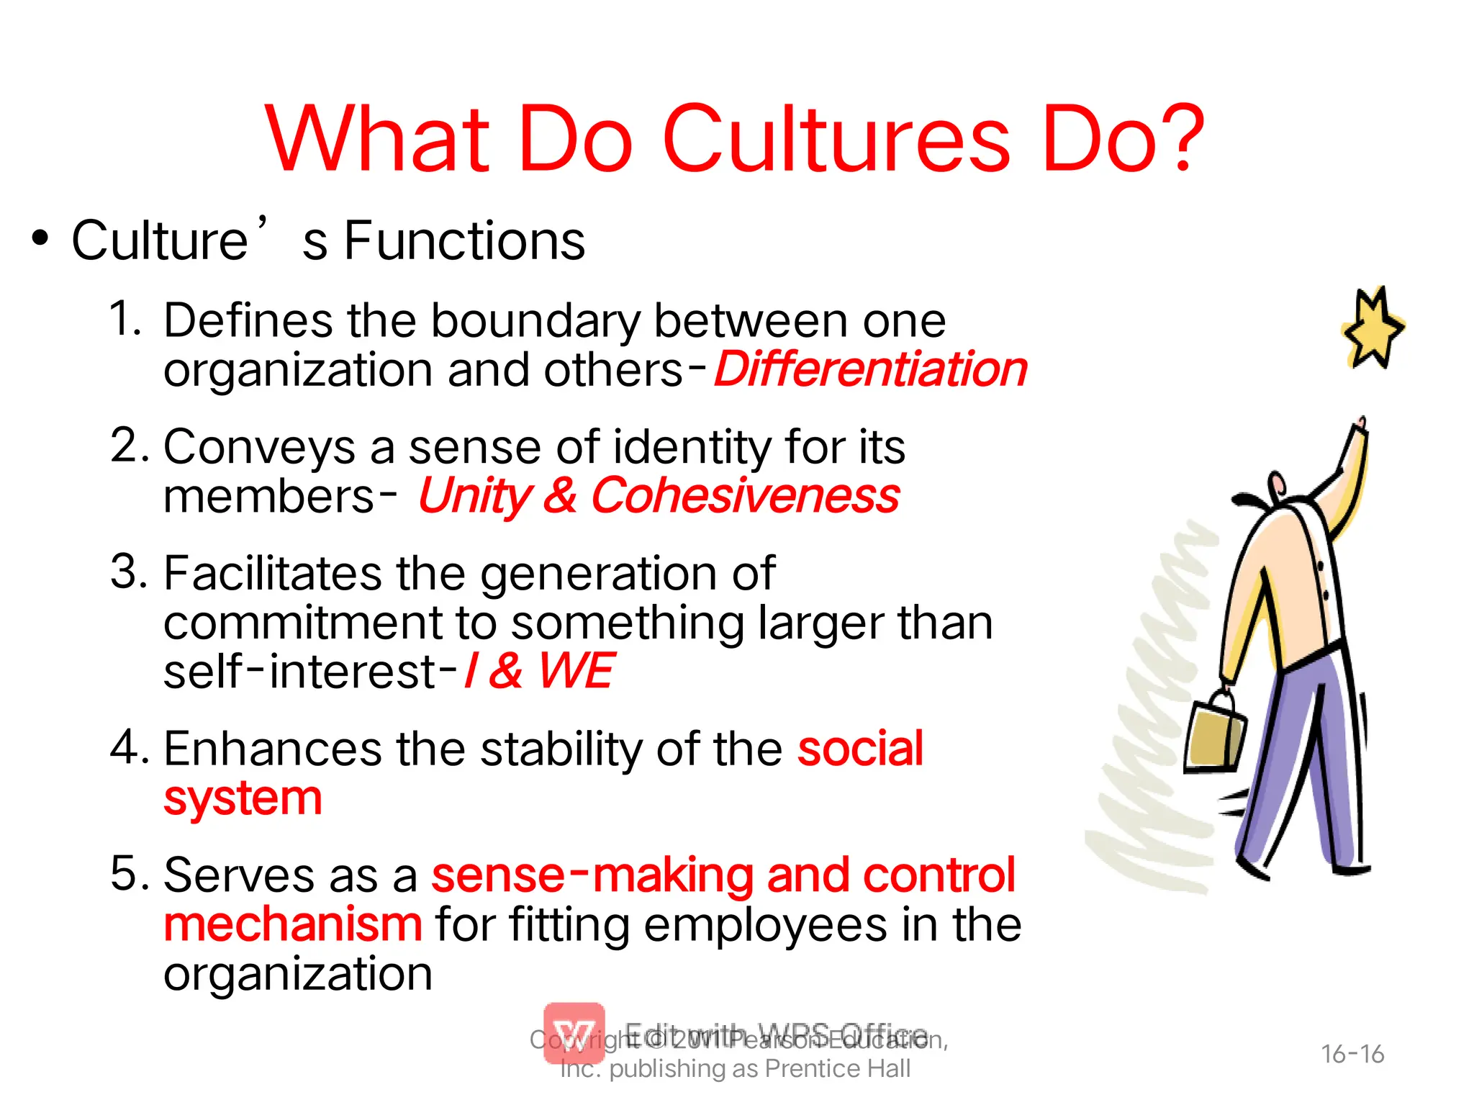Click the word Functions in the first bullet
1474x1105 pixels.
(464, 240)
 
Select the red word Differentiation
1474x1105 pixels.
(871, 370)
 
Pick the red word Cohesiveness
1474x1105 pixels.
(745, 497)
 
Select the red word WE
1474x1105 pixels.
(576, 672)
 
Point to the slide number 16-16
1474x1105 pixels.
(1352, 1055)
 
